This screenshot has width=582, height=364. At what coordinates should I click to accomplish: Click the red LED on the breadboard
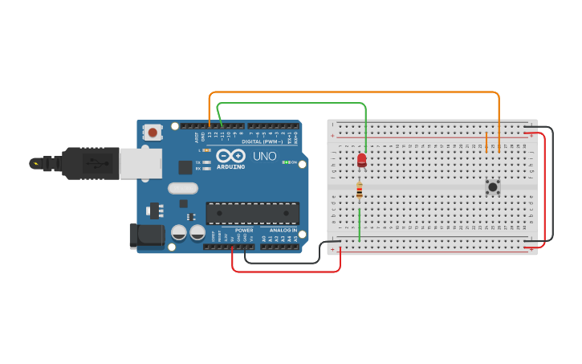coord(362,160)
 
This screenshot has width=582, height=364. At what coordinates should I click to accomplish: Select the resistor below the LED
coord(359,190)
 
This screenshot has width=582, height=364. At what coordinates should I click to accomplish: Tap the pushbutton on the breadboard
coord(493,186)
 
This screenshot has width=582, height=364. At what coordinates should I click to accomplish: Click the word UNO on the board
coord(265,156)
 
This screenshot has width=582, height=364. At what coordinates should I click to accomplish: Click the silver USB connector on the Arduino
coord(140,163)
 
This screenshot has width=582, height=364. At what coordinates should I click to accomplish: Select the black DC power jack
coord(146,235)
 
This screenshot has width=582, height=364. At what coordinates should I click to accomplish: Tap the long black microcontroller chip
coord(252,213)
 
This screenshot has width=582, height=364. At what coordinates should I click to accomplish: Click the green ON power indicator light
coord(285,162)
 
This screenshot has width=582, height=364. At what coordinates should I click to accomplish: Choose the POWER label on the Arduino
coord(244,231)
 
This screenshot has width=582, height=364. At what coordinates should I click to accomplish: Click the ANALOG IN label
coord(283,231)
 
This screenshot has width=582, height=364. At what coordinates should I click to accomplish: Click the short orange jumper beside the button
coord(486,142)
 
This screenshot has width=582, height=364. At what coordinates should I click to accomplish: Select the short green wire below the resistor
coord(359,224)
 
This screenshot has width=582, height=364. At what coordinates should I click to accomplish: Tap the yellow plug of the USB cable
coord(35,163)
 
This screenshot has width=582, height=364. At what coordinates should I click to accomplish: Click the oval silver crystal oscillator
coord(182,188)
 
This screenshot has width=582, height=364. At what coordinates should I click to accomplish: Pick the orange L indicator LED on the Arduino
coord(207,150)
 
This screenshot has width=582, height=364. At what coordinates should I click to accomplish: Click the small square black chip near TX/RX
coord(185,167)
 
